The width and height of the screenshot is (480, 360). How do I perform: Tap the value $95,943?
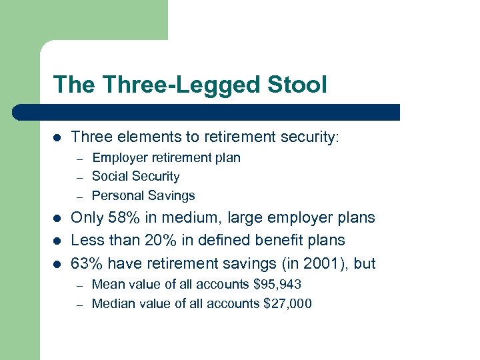(x=277, y=285)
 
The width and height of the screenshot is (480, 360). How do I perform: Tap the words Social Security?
(x=135, y=177)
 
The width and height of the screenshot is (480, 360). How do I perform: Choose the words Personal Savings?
(x=143, y=196)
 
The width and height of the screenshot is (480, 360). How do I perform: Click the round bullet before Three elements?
(x=57, y=138)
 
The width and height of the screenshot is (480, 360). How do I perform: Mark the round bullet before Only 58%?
(x=57, y=218)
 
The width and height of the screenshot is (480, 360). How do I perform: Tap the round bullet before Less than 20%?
(x=57, y=241)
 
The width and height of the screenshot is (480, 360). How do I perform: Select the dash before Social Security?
(x=78, y=177)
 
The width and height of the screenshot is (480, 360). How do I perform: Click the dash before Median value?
(x=78, y=305)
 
